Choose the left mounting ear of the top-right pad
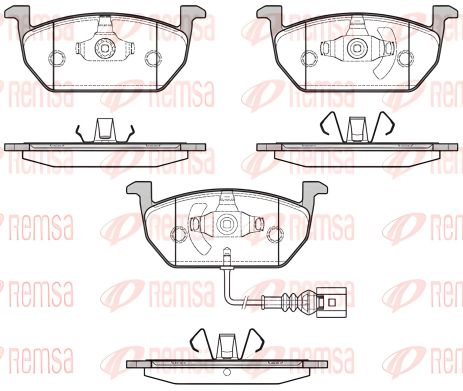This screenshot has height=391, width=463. coord(271,14)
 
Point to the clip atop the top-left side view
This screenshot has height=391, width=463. coord(105,131)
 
